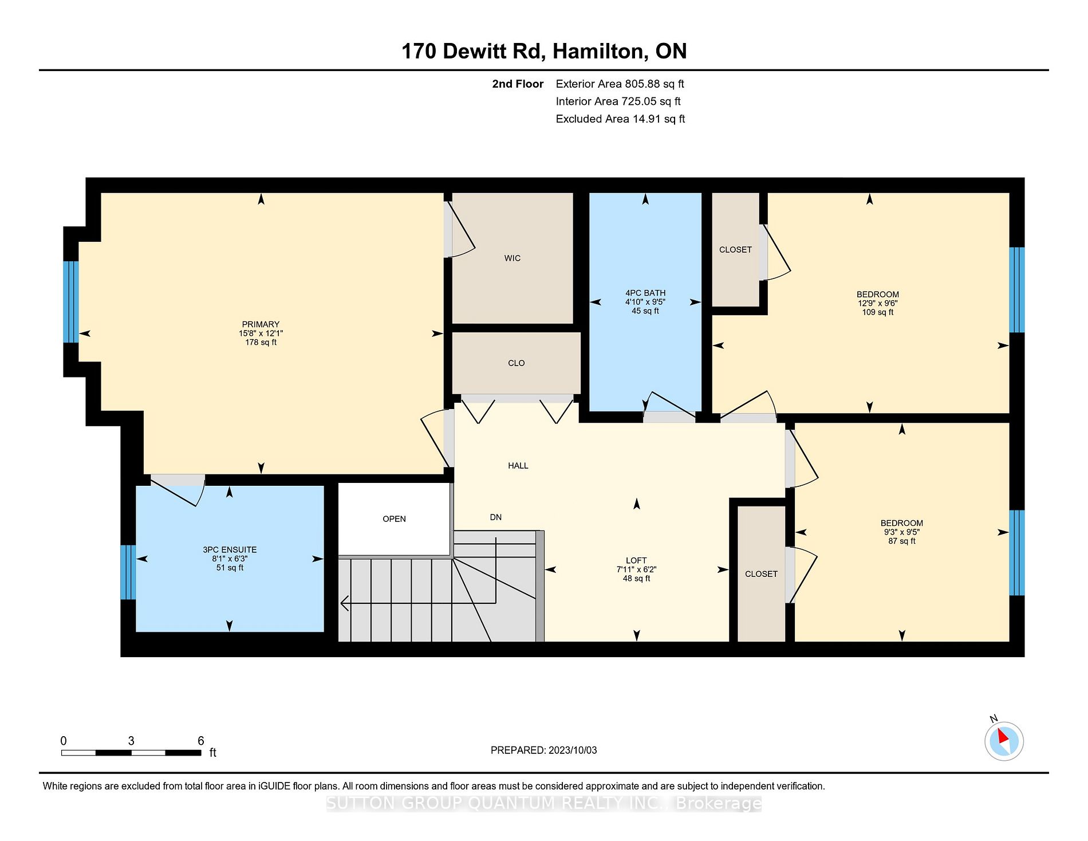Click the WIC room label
click(x=513, y=258)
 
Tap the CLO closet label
click(x=516, y=363)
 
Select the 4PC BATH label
click(x=645, y=293)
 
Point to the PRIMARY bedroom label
click(x=261, y=324)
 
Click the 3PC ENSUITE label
click(x=230, y=550)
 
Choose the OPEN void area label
click(x=394, y=519)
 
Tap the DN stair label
click(x=496, y=517)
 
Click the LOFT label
click(x=636, y=561)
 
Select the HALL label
click(x=518, y=466)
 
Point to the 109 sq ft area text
click(x=878, y=312)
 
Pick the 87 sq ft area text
click(x=902, y=541)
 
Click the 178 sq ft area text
click(x=261, y=343)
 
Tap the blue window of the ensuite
click(x=128, y=572)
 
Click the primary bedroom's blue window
click(x=71, y=302)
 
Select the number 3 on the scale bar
click(x=131, y=741)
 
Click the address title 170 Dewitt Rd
click(x=472, y=51)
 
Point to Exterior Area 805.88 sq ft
click(x=620, y=84)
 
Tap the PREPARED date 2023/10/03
click(x=573, y=750)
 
